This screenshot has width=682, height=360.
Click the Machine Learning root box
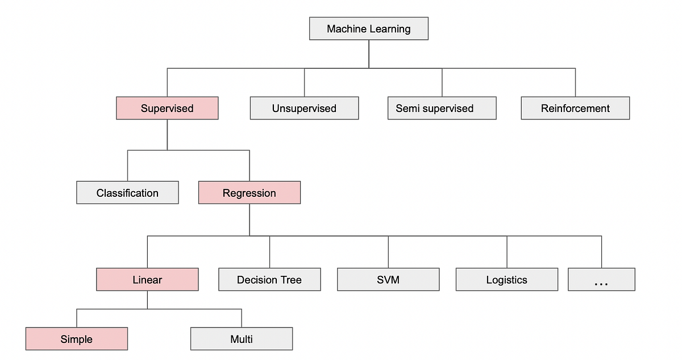(x=368, y=28)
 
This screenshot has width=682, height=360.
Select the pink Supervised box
(x=167, y=108)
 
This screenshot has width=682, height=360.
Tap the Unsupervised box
(x=304, y=108)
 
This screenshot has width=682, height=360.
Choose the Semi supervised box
(x=442, y=108)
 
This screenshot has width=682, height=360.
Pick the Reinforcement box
(x=575, y=108)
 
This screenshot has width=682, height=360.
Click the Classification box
(x=127, y=193)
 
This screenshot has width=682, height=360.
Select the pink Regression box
(x=249, y=193)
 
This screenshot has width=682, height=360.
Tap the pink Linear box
(x=147, y=280)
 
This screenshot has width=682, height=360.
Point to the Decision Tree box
(x=269, y=280)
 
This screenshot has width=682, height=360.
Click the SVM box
(x=388, y=280)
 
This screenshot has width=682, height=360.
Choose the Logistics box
(x=506, y=280)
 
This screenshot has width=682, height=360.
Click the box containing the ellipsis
(x=601, y=280)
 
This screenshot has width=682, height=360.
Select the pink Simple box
(x=76, y=340)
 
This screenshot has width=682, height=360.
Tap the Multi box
(x=242, y=340)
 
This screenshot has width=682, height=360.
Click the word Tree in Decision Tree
(x=289, y=280)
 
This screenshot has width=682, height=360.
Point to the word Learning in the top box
(x=389, y=28)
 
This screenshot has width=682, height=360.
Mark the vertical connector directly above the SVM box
(x=388, y=252)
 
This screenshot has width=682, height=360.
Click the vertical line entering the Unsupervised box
(x=304, y=82)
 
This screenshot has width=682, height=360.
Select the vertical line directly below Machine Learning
(x=369, y=54)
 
